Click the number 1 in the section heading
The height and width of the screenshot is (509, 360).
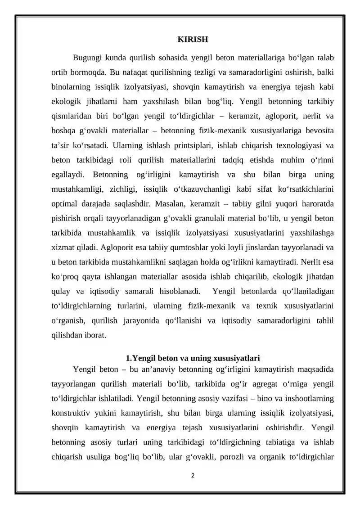[x=128, y=359]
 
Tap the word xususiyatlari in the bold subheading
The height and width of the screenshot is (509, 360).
[x=238, y=359]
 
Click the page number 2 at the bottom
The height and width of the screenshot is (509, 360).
[x=193, y=475]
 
